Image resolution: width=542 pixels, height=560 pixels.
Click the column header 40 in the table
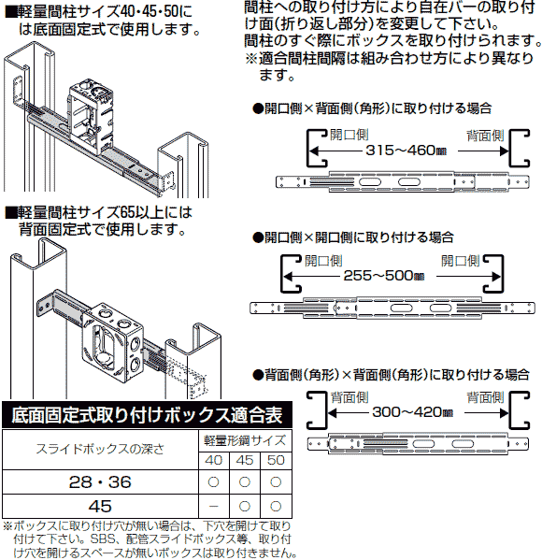pos(213,461)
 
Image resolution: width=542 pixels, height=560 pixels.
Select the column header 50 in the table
pos(276,461)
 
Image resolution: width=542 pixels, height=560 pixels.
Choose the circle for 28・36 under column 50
pos(276,481)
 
